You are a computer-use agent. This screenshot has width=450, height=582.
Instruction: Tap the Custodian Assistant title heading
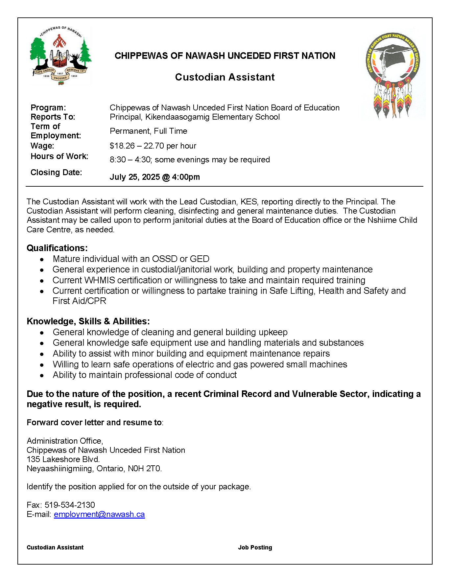point(225,77)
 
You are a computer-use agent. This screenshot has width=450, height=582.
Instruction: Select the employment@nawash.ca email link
point(99,514)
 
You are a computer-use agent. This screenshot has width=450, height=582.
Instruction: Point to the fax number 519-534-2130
point(70,505)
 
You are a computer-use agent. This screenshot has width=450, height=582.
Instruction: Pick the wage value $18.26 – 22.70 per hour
point(153,146)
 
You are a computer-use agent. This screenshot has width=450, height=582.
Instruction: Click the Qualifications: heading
point(57,248)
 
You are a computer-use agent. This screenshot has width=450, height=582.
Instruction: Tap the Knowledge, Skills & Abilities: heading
point(88,321)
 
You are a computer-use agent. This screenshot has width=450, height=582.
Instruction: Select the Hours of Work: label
point(59,156)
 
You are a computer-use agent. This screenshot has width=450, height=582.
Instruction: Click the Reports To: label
point(53,117)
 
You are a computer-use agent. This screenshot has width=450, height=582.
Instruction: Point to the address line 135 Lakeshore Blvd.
point(63,459)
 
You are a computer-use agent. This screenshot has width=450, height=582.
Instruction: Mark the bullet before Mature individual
point(42,260)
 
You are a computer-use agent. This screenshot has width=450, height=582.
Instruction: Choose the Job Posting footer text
point(255,547)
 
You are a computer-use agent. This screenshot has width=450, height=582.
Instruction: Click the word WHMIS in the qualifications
point(100,280)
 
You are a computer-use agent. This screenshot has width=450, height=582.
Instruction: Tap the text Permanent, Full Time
point(149,131)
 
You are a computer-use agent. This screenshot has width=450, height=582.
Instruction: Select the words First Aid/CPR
point(79,301)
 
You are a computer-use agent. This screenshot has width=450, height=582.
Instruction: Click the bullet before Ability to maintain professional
point(42,375)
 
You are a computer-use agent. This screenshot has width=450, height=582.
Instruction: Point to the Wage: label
point(42,146)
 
